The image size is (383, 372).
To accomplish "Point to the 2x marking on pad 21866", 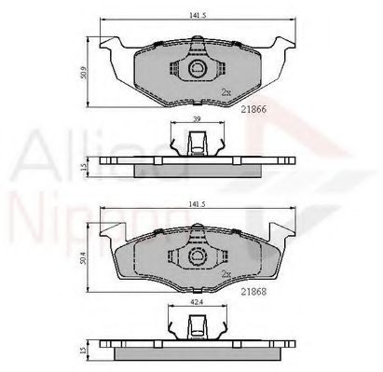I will (x=226, y=91).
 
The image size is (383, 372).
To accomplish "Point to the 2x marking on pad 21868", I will (x=226, y=273).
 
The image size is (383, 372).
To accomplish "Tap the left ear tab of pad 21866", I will (x=110, y=47).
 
